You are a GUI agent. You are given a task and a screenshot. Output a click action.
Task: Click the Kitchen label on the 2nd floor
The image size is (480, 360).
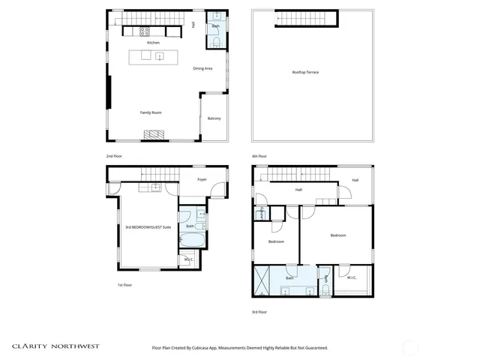click(153, 43)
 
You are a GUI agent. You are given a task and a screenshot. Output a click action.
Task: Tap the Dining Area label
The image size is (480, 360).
click(202, 68)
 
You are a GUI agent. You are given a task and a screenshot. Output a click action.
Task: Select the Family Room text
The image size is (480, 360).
click(151, 112)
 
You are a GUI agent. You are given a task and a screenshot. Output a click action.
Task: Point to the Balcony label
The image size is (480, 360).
click(214, 118)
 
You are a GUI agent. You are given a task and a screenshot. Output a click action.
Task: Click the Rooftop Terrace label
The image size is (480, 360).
click(305, 72)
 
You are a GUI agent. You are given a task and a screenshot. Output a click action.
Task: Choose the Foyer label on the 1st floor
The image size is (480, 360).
click(202, 180)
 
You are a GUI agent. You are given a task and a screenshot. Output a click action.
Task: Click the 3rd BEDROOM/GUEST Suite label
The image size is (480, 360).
click(148, 226)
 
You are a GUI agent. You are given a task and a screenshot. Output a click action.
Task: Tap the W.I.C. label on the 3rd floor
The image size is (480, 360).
click(351, 278)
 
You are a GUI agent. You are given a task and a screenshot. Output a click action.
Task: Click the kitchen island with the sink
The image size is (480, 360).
click(153, 56)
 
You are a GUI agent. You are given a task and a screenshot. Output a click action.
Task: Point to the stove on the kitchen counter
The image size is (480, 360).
click(145, 31)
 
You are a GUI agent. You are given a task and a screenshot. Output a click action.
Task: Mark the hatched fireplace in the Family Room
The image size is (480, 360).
click(153, 135)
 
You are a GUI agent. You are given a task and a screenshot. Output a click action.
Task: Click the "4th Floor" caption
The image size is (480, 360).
click(259, 156)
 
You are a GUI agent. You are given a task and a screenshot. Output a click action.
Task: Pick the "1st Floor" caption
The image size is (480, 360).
click(124, 285)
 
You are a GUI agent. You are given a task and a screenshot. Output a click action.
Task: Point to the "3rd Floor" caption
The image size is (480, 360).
click(259, 311)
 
